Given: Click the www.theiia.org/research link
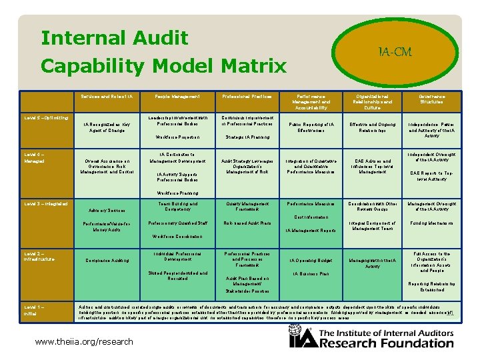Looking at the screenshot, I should click(85, 342).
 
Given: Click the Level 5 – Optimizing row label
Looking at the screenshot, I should click(47, 117).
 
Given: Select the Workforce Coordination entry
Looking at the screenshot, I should click(177, 237).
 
